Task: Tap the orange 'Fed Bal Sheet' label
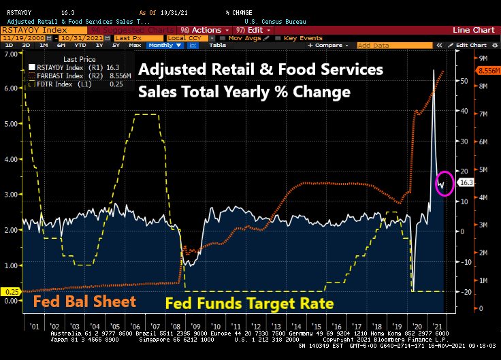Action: (x=85, y=301)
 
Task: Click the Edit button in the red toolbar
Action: (x=253, y=30)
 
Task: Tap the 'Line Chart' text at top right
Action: (x=475, y=30)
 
